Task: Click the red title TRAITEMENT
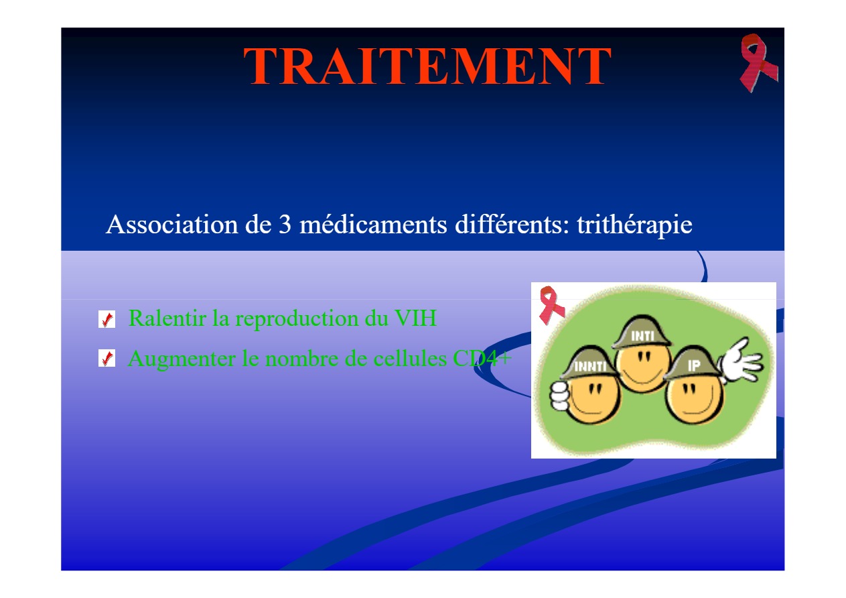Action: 427,66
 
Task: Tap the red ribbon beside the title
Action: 758,63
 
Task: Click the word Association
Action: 172,225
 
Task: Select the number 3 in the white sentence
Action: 285,225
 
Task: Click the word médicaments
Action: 373,225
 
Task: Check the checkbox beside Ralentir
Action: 107,319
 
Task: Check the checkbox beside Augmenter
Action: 107,358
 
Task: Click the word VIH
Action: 415,318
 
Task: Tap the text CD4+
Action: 482,358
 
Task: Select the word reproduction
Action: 297,319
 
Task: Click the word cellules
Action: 410,358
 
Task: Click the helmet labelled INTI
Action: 642,333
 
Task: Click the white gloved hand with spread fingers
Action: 740,361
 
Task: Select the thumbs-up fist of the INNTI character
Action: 559,396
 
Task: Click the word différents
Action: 512,225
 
